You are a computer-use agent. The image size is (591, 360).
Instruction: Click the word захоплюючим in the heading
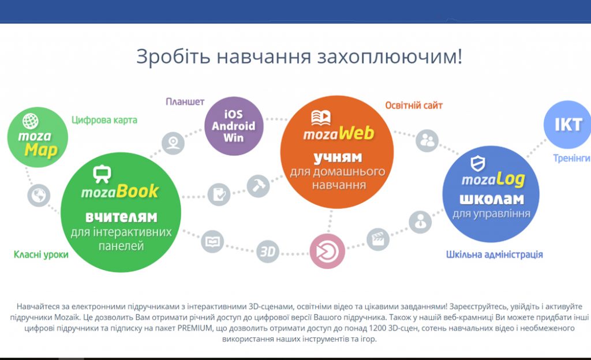pos(390,57)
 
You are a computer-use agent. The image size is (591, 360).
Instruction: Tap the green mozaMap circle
pos(38,137)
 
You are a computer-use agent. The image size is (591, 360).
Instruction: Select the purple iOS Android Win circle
pos(234,126)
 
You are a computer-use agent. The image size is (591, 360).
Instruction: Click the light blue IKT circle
pos(568,125)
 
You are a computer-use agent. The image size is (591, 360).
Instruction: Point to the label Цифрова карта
pos(104,120)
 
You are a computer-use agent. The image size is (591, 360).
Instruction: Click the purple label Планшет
pos(185,102)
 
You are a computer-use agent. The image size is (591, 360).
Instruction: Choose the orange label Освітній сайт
pos(414,106)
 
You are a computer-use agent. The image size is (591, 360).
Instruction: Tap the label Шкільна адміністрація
pos(495,254)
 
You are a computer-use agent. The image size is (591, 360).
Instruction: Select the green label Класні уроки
pos(41,254)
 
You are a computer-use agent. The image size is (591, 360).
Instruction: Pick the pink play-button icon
pos(327,251)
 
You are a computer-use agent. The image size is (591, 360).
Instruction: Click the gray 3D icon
pos(268,251)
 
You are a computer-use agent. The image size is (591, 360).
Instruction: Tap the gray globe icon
pos(39,196)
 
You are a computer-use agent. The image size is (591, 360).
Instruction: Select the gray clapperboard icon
pos(378,239)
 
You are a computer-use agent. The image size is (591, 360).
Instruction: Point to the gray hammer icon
pos(258,186)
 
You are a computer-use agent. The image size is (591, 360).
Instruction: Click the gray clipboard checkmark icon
pos(219,194)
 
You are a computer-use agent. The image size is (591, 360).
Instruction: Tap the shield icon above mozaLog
pos(478,163)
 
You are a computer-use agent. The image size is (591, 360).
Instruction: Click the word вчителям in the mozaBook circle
pos(121,217)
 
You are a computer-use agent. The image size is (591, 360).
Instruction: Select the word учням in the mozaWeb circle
pos(338,157)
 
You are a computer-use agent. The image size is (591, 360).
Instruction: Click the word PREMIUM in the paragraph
pos(195,328)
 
